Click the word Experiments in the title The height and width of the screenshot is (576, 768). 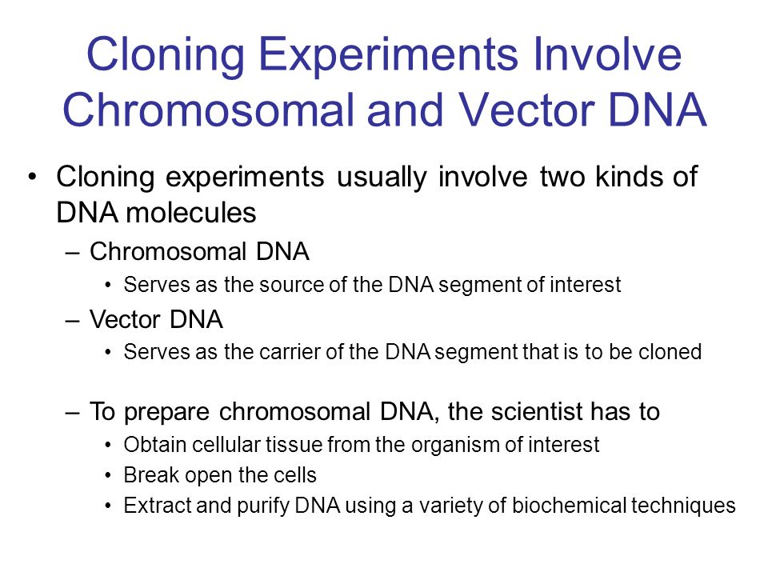388,55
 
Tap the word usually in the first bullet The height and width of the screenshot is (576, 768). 382,178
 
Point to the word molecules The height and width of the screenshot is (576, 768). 190,213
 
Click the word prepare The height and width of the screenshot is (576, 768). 166,413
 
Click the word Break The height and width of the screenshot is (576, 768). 151,475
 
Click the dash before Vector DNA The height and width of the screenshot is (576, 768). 72,321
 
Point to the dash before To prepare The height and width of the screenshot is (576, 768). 72,413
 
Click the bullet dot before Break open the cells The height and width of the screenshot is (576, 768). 108,476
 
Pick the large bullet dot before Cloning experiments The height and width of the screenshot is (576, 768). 32,177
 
